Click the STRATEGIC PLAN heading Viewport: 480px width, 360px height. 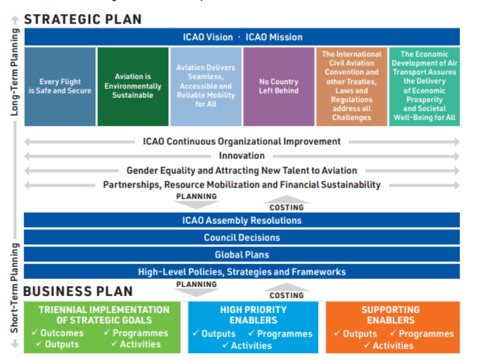[83, 19]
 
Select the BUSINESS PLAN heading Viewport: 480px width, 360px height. [78, 291]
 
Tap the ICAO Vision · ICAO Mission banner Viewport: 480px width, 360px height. [242, 37]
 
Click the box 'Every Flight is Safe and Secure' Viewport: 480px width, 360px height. [60, 86]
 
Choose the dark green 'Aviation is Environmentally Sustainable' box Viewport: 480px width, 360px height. [132, 86]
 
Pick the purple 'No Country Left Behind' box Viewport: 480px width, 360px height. [278, 86]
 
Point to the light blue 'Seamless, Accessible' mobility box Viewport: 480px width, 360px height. [205, 86]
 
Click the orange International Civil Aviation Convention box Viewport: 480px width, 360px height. [351, 86]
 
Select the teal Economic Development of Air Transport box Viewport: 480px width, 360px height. [424, 86]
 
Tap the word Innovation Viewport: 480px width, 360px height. [242, 156]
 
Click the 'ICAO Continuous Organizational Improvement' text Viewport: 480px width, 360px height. [242, 141]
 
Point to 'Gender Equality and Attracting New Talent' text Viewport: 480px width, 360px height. [242, 171]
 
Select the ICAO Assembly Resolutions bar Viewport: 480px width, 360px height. [242, 221]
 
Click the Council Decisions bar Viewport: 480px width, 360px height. [242, 238]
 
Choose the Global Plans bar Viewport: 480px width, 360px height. [242, 255]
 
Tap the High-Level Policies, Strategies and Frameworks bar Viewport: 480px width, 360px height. [242, 272]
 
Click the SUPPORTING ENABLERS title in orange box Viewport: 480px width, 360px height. [391, 315]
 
